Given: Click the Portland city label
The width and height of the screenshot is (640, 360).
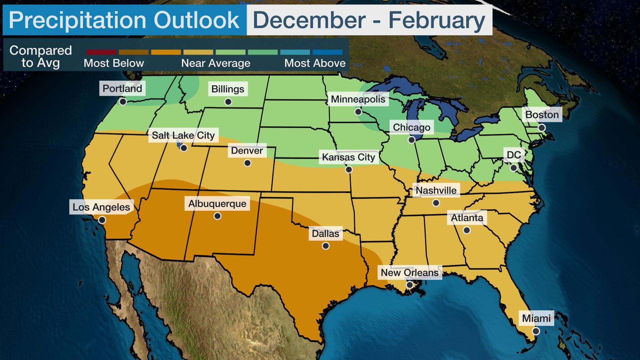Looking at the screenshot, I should pyautogui.click(x=122, y=88).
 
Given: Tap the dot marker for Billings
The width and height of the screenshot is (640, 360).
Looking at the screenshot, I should pyautogui.click(x=228, y=102).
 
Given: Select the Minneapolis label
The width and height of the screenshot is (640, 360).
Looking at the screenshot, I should pyautogui.click(x=358, y=99).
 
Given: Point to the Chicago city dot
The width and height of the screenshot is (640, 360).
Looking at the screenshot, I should pyautogui.click(x=412, y=140).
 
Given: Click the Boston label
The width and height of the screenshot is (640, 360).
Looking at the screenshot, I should pyautogui.click(x=542, y=115).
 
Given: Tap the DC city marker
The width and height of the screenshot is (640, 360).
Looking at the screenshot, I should pyautogui.click(x=514, y=168).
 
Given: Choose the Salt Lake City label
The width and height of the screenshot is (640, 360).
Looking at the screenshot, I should pyautogui.click(x=183, y=135).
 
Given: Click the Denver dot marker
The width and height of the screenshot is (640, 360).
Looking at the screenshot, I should pyautogui.click(x=247, y=163).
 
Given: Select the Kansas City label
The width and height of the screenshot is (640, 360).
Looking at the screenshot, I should pyautogui.click(x=348, y=157).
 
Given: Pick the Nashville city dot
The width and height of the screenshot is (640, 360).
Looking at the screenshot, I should pyautogui.click(x=436, y=203).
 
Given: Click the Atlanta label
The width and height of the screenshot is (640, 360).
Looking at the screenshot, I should pyautogui.click(x=467, y=218).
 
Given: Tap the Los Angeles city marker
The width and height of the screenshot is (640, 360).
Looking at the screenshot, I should pyautogui.click(x=102, y=220).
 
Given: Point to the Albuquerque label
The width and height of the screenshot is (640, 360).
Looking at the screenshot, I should pyautogui.click(x=217, y=204).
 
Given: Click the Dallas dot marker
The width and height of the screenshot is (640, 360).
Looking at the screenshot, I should pyautogui.click(x=326, y=246).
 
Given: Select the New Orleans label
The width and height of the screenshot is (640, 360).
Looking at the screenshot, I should pyautogui.click(x=410, y=273).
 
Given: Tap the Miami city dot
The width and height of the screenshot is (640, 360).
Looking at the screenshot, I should pyautogui.click(x=536, y=331).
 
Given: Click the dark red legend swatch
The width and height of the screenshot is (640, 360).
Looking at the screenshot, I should pyautogui.click(x=101, y=52).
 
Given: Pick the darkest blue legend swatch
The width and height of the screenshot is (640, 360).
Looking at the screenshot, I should pyautogui.click(x=327, y=52).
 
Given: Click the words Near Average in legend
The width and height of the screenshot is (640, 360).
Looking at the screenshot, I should pyautogui.click(x=216, y=63).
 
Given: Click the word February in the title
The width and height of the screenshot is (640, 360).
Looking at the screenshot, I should pyautogui.click(x=437, y=20).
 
